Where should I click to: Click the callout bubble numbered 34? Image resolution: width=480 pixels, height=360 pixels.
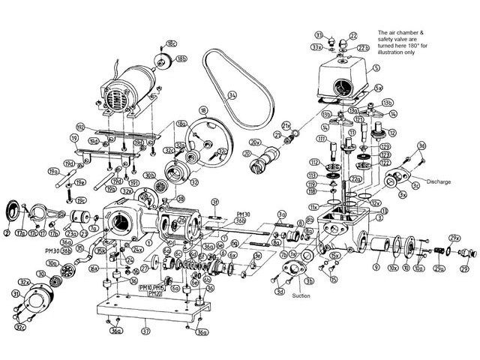point(232,95)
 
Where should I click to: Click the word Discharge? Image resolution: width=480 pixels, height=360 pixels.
point(436,181)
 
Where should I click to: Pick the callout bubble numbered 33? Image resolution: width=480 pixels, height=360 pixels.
point(318,35)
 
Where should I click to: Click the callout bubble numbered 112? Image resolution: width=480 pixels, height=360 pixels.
point(313,162)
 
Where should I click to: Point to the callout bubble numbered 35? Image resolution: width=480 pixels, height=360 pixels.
point(79,247)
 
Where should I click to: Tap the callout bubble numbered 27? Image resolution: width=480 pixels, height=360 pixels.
point(144,268)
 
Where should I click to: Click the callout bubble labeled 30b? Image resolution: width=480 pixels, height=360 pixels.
point(149,175)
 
